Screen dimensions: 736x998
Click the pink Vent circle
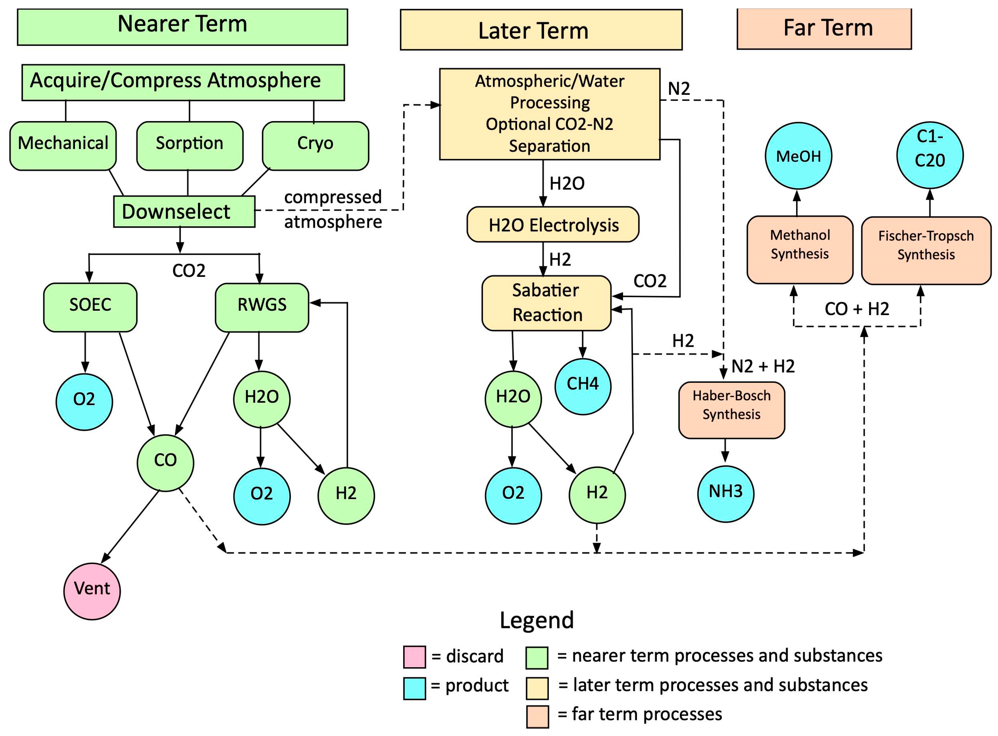pos(92,591)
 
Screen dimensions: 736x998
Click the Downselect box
pos(184,212)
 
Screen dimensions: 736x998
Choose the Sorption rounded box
pos(189,146)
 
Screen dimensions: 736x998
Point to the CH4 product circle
pos(583,386)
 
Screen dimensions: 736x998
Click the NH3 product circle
pos(725,494)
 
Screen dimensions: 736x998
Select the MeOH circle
pos(798,156)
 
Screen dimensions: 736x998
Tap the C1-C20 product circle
pos(929,155)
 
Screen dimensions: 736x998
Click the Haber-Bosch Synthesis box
pos(732,410)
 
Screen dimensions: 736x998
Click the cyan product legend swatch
pos(414,688)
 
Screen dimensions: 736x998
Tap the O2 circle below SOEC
pos(84,402)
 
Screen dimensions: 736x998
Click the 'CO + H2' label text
pos(856,309)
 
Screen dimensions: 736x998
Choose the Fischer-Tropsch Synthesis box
pos(926,250)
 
